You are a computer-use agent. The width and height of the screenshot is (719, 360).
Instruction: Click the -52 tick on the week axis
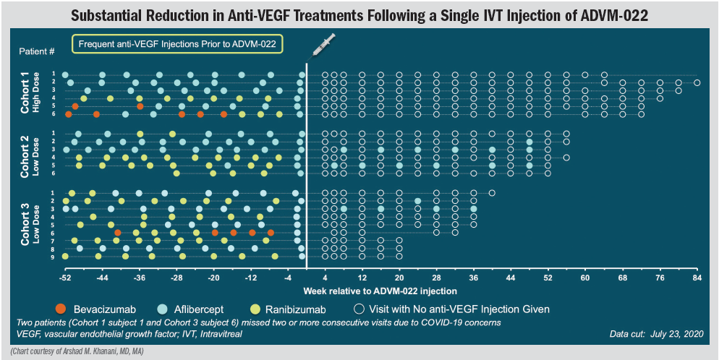point(66,278)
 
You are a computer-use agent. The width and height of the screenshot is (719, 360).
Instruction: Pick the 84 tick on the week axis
point(697,278)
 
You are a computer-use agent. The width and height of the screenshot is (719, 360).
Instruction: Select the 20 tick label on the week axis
point(399,278)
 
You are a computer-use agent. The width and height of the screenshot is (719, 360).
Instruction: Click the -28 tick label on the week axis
point(177,278)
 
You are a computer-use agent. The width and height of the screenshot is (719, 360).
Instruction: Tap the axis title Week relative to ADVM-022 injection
point(380,291)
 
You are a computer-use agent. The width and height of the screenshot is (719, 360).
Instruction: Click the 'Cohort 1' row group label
point(27,93)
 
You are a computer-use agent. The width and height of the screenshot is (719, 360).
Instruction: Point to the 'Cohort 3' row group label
point(27,223)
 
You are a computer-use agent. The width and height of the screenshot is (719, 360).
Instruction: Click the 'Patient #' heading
point(37,51)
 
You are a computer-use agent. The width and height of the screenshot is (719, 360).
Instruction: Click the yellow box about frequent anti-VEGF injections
point(176,44)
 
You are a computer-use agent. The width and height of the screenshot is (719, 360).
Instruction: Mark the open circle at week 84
point(697,82)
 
